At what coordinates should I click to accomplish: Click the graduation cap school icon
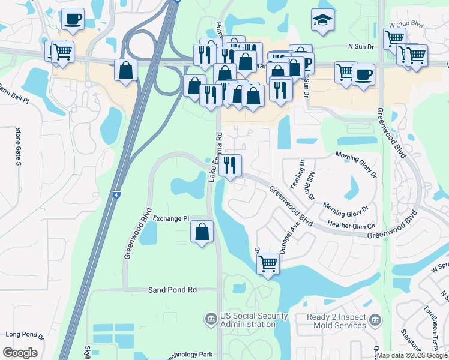point(322,20)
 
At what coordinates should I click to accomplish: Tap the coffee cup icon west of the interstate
point(73,19)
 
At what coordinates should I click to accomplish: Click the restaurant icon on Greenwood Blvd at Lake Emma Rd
point(230,165)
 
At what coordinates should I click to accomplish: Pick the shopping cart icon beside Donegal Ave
point(268,263)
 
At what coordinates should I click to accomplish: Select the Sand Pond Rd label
point(172,290)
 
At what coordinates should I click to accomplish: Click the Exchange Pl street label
point(171,218)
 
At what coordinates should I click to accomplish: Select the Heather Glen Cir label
point(351,224)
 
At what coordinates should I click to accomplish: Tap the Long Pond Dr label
point(25,334)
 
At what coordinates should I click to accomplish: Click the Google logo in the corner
point(20,353)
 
